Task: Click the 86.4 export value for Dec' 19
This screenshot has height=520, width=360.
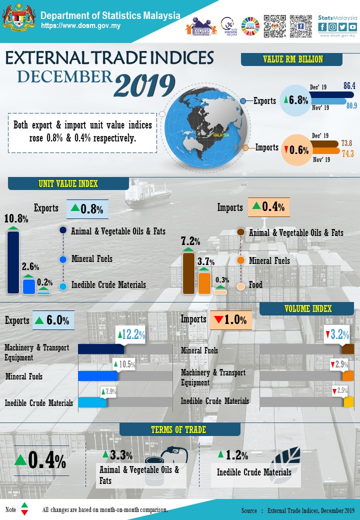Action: pos(349,86)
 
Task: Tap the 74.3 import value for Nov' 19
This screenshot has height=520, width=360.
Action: pos(347,154)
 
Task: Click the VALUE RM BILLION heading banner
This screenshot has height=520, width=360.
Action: pos(292,59)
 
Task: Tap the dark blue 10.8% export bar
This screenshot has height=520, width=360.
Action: pos(13,262)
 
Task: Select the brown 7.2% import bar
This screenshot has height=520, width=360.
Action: pos(188,273)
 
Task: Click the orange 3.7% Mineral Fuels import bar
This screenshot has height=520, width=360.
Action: pos(204,282)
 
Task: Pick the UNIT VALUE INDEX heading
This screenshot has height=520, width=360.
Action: pos(68,183)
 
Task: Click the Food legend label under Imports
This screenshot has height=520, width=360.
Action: pos(255,285)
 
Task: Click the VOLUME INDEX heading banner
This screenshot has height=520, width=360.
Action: pos(308,309)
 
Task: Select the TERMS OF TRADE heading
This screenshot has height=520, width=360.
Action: pos(178,429)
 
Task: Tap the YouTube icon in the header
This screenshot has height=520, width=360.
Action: pos(353,27)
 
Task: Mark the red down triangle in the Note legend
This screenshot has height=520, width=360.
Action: pos(24,513)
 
